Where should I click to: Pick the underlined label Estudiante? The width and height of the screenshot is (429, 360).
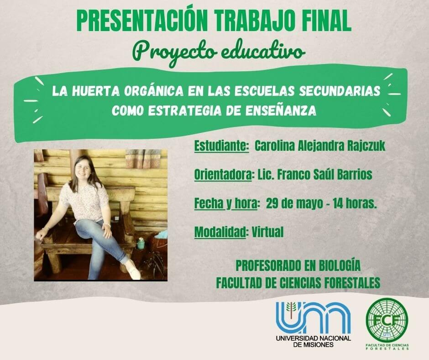[x=220, y=146]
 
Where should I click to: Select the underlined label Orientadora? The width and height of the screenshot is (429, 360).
[x=222, y=175]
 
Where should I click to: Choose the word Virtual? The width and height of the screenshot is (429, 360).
[x=267, y=232]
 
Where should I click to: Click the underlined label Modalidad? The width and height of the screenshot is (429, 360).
[x=220, y=233]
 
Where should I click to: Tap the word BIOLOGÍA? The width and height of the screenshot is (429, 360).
[x=340, y=266]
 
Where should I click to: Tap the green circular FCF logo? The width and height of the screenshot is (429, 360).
[x=387, y=320]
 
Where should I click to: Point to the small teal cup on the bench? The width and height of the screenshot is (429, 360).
[x=141, y=244]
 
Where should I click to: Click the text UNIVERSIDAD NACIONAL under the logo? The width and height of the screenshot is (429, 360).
[x=313, y=338]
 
